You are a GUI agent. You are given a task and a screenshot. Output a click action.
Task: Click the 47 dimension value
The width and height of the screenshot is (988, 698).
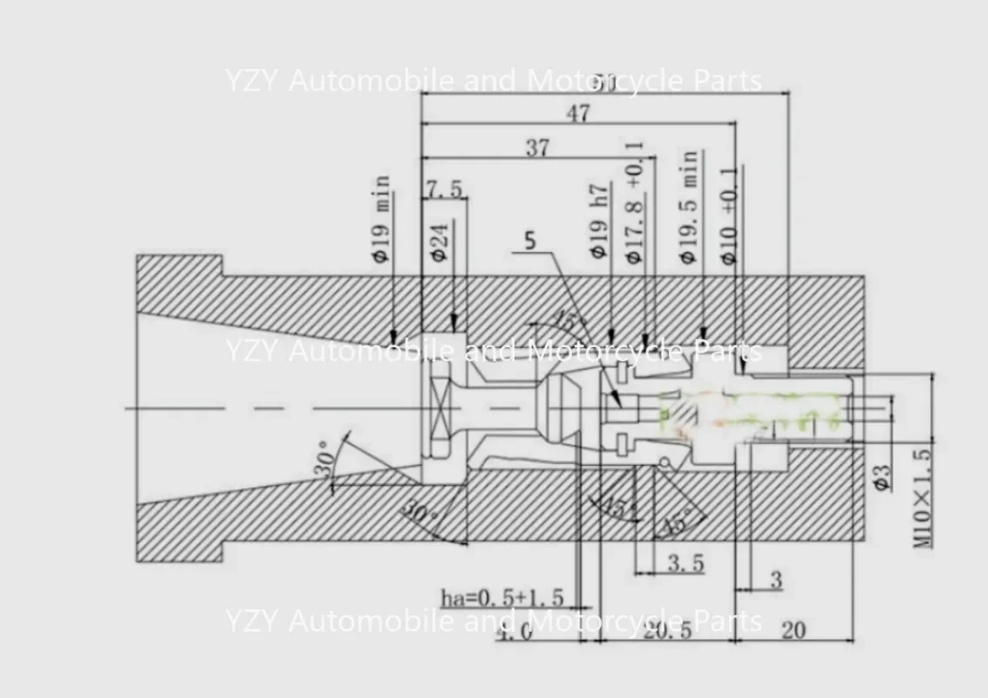tap(577, 113)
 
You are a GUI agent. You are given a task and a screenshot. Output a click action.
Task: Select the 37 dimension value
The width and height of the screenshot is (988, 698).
tap(537, 147)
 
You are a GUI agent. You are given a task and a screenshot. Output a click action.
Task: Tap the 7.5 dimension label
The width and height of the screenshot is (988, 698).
tap(444, 188)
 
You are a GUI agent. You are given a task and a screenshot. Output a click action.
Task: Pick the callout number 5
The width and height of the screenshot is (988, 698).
tap(530, 241)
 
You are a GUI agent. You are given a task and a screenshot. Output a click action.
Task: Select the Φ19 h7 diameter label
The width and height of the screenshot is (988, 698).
tap(599, 222)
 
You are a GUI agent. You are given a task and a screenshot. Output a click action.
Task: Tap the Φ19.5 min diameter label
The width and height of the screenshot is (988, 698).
tap(689, 207)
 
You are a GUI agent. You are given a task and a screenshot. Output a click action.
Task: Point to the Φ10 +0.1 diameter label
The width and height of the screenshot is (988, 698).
tap(728, 215)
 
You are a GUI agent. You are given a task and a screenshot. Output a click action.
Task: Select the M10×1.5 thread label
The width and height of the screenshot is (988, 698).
tap(923, 494)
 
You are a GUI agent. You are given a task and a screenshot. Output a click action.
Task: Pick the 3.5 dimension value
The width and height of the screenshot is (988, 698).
tap(685, 563)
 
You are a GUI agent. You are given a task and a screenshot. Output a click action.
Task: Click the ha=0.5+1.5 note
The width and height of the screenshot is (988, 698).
tap(501, 598)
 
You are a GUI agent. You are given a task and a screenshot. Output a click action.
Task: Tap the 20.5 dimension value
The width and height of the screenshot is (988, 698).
tap(667, 630)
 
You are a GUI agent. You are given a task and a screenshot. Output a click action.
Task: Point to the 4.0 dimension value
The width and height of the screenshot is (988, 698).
tap(514, 632)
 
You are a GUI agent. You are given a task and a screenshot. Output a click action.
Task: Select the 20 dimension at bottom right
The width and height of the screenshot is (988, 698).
tap(793, 630)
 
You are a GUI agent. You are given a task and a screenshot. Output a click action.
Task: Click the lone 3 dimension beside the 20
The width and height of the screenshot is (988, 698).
tap(776, 580)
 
